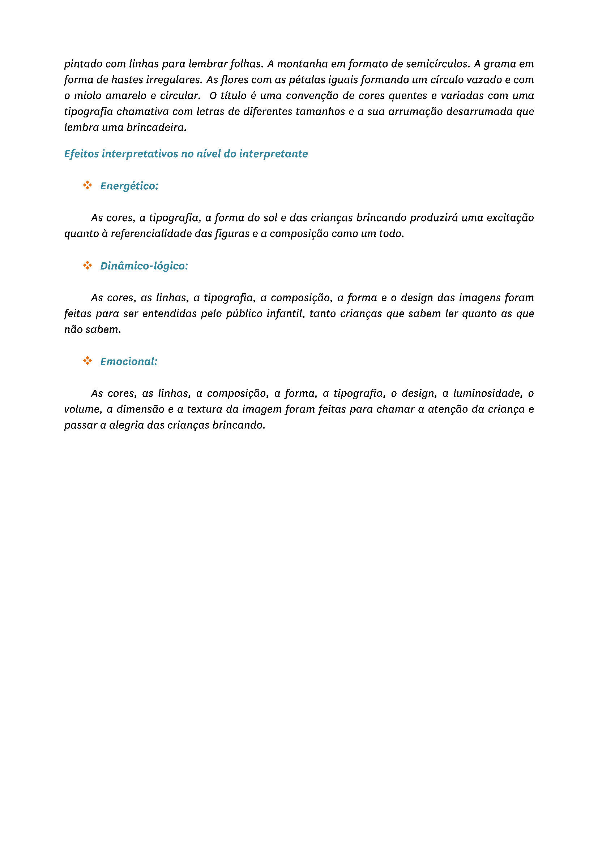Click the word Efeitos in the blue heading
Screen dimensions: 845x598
click(81, 154)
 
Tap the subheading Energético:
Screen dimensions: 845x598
click(129, 186)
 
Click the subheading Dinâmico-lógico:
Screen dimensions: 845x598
click(144, 266)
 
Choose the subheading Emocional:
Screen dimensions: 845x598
click(129, 361)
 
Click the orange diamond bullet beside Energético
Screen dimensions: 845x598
click(87, 185)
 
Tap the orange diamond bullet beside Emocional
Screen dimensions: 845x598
click(87, 361)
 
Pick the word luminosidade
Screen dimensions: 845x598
click(487, 393)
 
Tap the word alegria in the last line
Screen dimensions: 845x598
click(126, 425)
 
